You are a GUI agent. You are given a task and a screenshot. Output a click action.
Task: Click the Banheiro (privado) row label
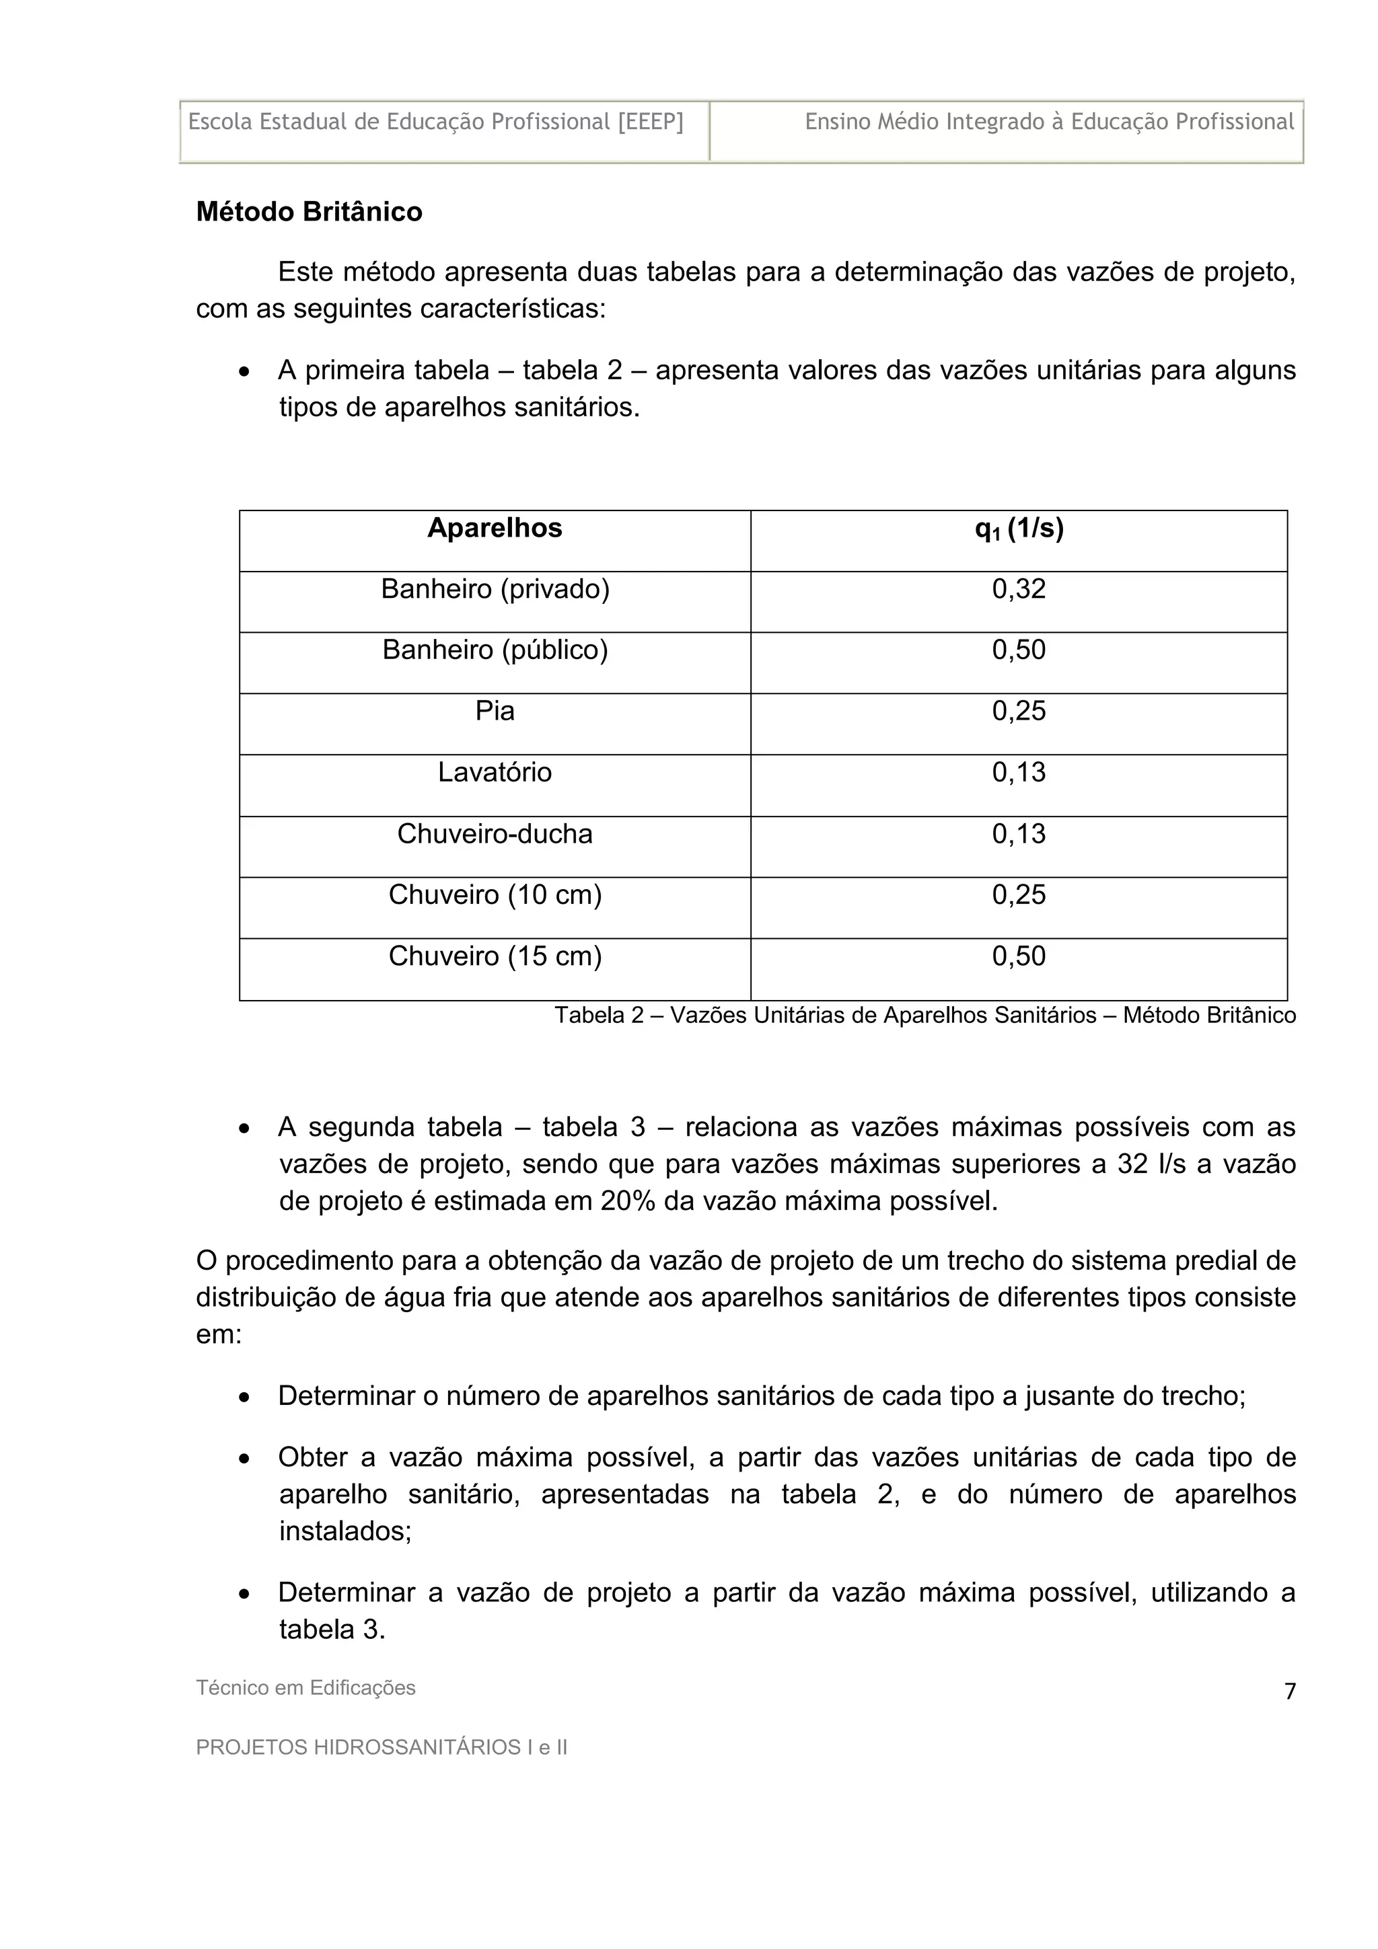495,589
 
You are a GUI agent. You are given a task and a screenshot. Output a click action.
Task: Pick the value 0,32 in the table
1019,589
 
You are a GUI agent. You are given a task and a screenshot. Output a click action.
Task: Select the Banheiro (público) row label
495,650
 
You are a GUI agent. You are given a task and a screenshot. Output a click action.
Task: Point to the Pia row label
495,712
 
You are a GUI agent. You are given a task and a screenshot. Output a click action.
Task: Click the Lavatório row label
495,773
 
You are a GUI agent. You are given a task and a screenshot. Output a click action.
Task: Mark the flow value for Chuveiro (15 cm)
1019,956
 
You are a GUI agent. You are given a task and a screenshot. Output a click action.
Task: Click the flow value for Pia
1019,712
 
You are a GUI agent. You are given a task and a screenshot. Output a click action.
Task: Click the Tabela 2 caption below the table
924,1016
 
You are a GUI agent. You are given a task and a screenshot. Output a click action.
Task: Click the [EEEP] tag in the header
651,122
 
